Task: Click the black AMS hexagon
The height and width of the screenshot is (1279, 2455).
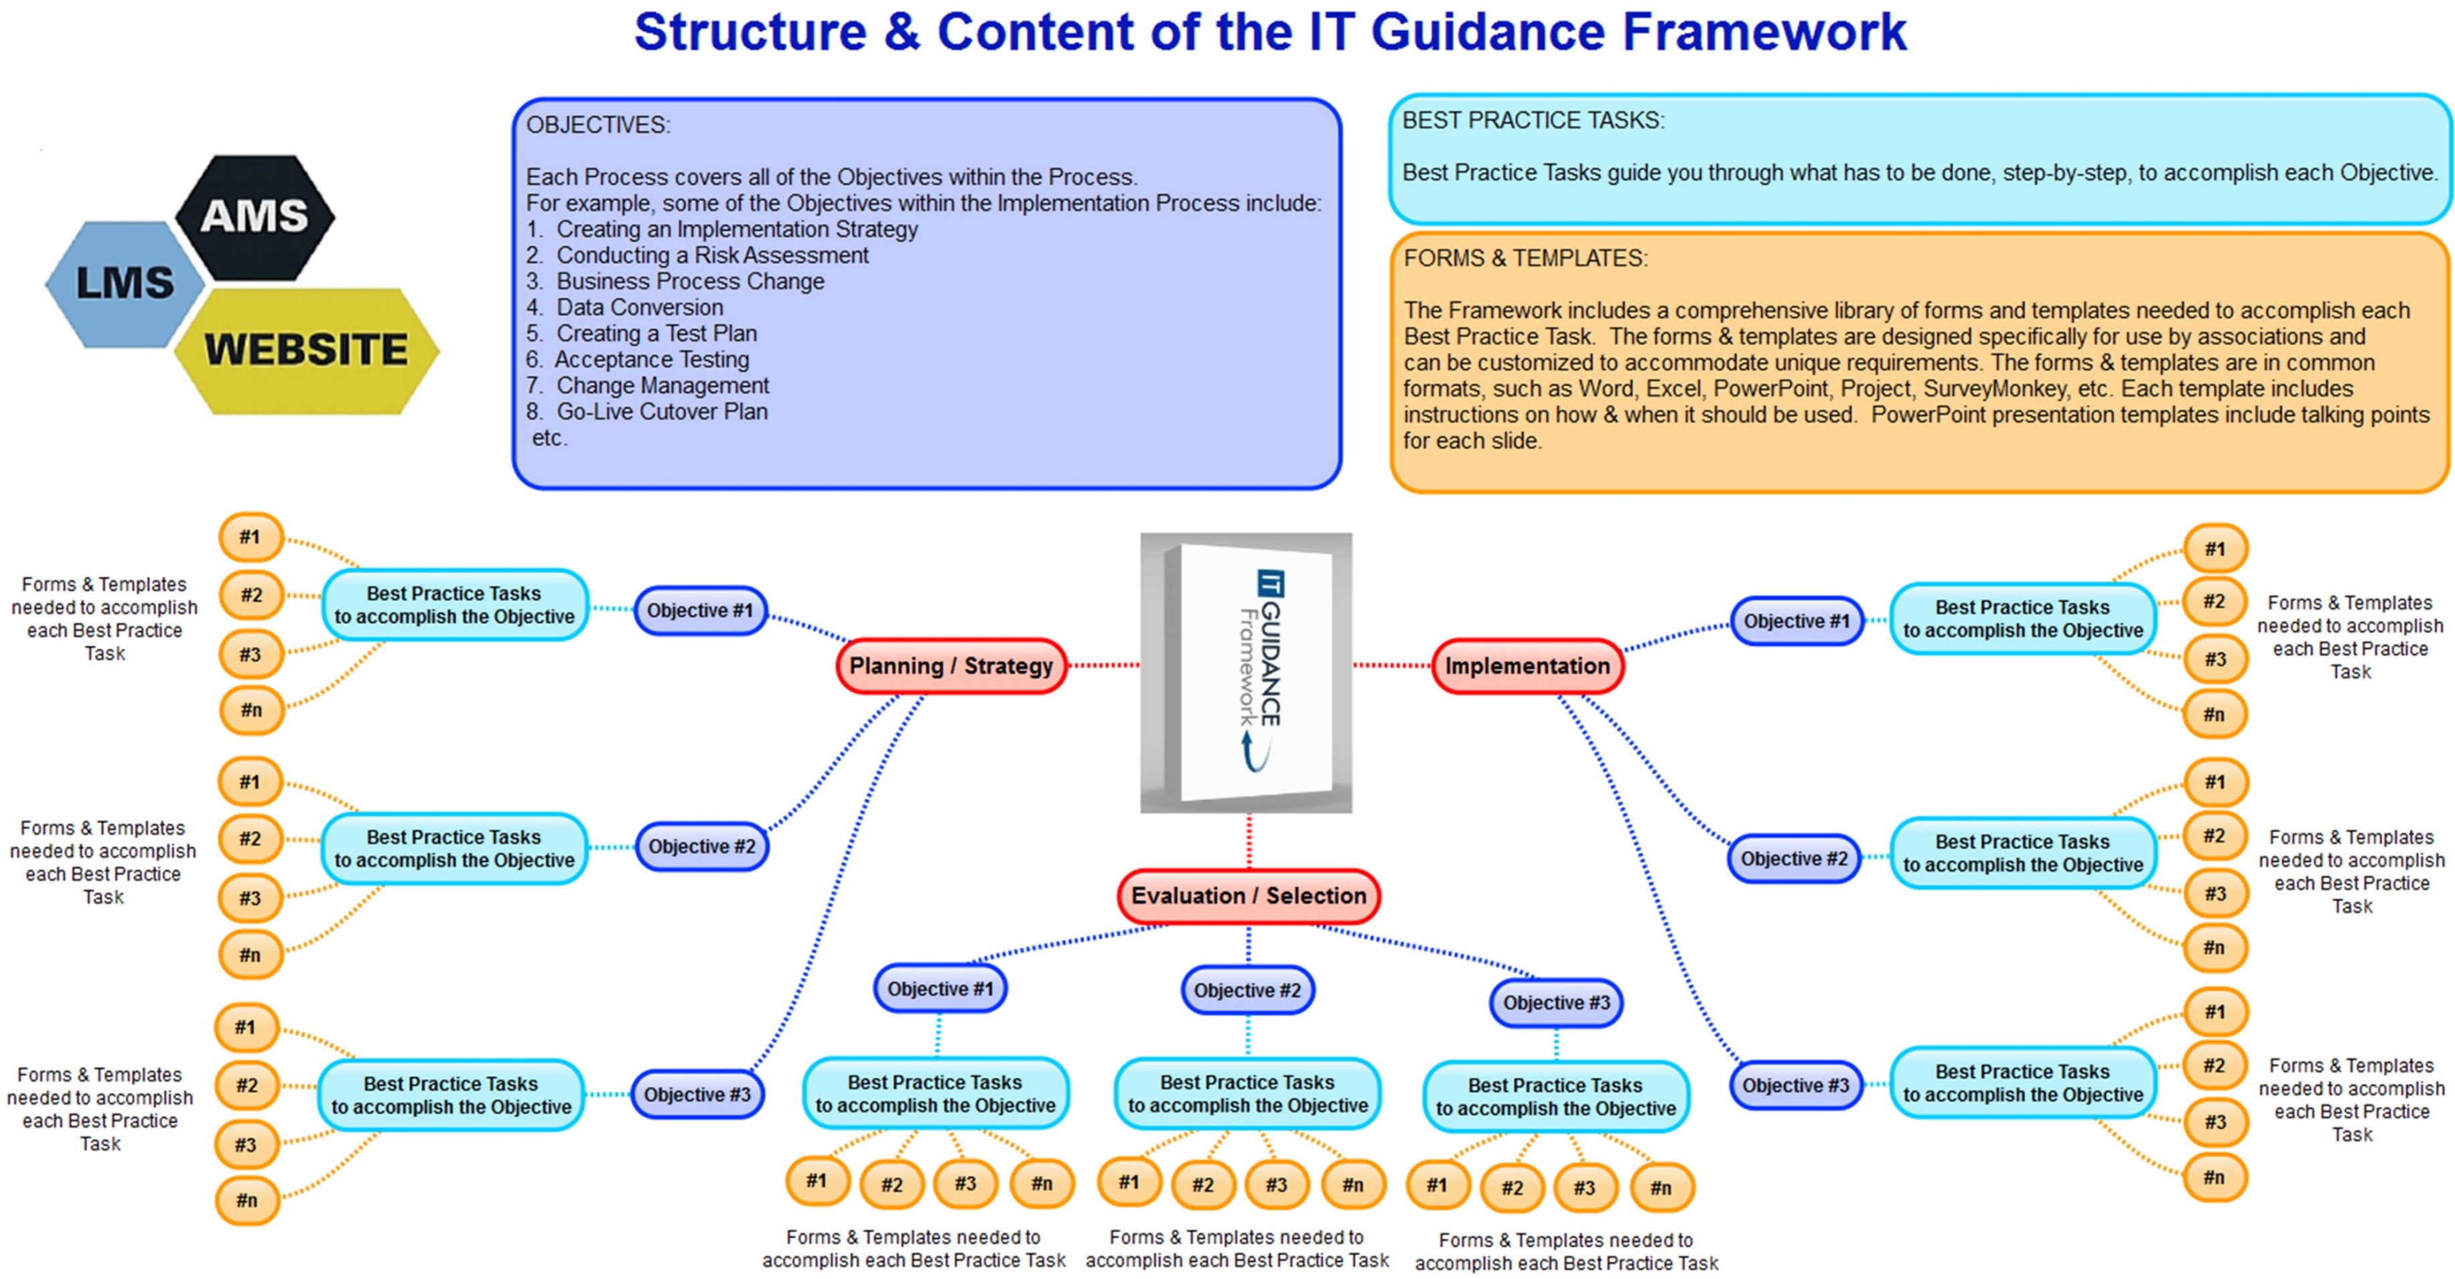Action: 255,216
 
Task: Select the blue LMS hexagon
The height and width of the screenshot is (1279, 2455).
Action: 125,283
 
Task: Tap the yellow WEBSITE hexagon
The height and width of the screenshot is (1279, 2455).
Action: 306,350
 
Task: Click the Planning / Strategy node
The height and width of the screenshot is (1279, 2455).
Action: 950,665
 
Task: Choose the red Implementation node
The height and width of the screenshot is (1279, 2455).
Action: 1527,665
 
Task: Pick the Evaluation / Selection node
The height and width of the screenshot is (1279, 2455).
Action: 1247,895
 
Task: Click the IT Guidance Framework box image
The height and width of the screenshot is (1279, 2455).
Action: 1246,672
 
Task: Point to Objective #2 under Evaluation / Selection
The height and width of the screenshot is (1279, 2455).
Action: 1247,990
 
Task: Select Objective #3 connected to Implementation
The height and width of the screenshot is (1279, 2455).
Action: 1795,1085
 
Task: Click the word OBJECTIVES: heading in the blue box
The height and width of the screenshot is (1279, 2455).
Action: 598,125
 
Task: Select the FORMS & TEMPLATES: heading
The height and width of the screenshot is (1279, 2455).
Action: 1525,258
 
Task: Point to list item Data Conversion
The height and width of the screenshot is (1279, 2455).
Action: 640,308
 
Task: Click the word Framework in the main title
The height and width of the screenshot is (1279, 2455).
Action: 1763,32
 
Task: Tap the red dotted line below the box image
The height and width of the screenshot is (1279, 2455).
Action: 1249,841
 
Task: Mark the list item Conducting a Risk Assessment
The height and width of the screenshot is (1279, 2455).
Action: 712,255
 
